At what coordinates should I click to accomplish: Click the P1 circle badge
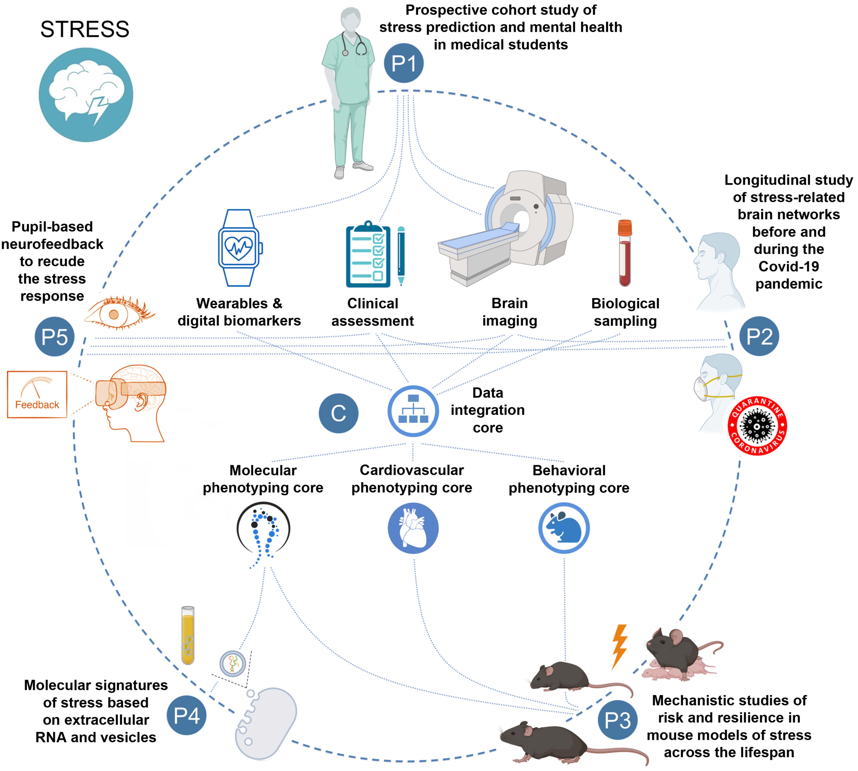click(403, 63)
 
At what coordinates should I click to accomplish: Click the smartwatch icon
click(240, 248)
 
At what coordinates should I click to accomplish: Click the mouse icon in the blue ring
click(564, 528)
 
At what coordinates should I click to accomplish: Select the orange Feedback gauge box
click(37, 394)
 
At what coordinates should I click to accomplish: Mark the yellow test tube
click(188, 635)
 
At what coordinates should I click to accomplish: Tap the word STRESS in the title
click(85, 29)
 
